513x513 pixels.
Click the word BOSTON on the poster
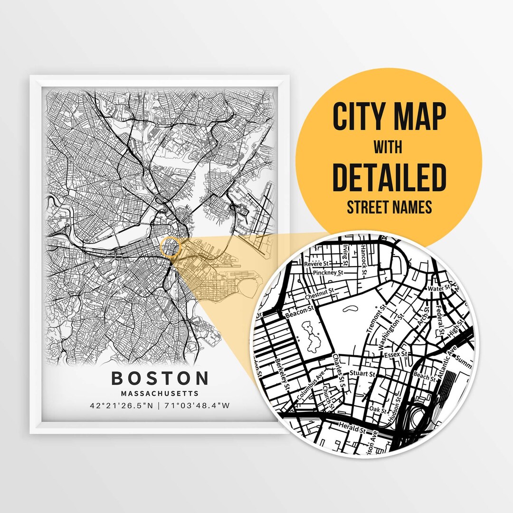(x=160, y=379)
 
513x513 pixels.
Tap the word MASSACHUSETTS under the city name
(x=160, y=394)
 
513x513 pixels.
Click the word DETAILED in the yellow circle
(x=389, y=176)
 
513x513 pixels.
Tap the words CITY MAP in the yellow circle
(x=389, y=116)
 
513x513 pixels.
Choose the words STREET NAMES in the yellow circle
(x=389, y=207)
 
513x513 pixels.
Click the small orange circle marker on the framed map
(x=171, y=247)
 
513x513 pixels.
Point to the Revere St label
(x=317, y=264)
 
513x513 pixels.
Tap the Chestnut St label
(x=320, y=295)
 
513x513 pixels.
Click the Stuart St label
(x=362, y=374)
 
